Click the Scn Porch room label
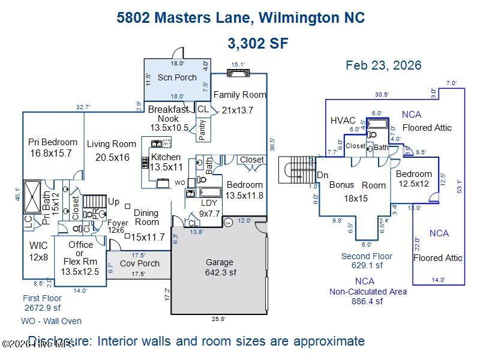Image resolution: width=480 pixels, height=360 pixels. (x=177, y=77)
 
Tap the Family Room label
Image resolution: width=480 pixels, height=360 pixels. (x=239, y=95)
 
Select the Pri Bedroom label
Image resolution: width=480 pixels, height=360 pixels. (x=53, y=142)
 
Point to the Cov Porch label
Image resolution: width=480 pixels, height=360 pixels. (x=140, y=263)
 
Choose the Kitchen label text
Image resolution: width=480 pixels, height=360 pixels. (x=166, y=157)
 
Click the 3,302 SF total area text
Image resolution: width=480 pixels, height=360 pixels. (x=258, y=43)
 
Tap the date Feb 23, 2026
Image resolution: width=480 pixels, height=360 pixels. (x=383, y=65)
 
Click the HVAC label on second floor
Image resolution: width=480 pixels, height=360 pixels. (x=343, y=121)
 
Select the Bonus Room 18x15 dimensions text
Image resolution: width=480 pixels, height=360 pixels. (x=355, y=198)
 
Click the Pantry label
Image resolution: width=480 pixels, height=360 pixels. (x=203, y=130)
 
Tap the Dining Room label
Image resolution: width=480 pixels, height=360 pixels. (x=146, y=217)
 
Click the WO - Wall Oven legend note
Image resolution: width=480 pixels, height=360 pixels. (x=52, y=321)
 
